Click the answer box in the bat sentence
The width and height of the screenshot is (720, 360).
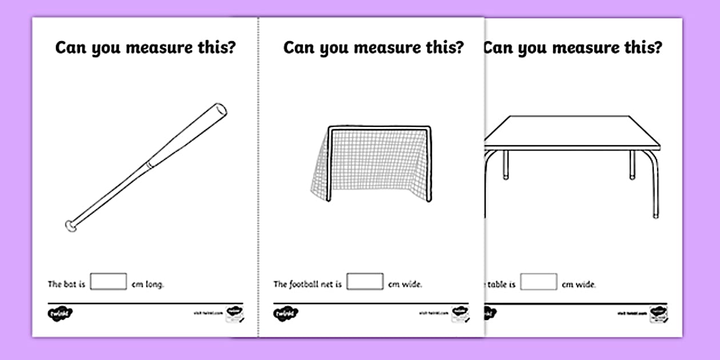point(108,282)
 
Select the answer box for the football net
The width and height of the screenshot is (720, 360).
point(365,282)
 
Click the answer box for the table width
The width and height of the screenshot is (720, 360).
point(538,282)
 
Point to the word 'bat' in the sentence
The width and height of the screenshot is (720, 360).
point(71,284)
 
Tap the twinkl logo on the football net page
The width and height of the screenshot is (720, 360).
point(286,313)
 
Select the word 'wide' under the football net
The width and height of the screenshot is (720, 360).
point(413,284)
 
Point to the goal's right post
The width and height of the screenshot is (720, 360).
point(430,166)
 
